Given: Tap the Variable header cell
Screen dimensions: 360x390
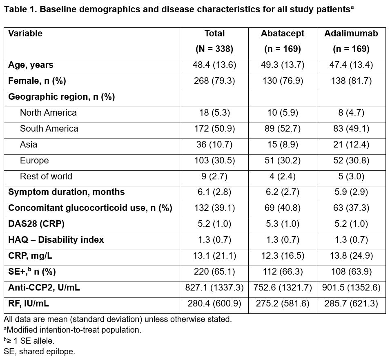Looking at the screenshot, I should (x=25, y=34).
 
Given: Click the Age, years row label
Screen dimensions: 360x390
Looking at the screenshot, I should (x=31, y=65).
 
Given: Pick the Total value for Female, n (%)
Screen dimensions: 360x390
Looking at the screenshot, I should (x=214, y=81).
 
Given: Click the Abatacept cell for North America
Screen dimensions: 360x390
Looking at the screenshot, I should (x=283, y=113).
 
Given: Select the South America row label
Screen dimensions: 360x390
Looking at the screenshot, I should (x=49, y=129).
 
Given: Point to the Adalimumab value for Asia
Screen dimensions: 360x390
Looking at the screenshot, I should (x=351, y=145).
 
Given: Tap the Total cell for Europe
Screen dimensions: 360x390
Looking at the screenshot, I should (x=214, y=161).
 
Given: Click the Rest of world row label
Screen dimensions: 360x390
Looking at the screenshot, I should (x=46, y=177).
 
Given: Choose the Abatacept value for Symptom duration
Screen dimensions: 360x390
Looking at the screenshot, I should (x=283, y=192).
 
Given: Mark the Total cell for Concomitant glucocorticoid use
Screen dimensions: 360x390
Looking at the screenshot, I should (x=214, y=208).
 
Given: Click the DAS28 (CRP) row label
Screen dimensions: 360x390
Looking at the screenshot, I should (x=36, y=224).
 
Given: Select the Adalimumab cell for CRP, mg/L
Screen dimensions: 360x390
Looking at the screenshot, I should (x=351, y=256).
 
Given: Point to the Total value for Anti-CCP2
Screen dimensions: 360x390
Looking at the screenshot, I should (x=214, y=288).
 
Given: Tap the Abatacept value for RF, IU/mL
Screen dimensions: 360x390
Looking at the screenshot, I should (x=283, y=304).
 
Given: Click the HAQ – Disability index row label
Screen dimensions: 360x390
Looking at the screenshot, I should (x=56, y=240).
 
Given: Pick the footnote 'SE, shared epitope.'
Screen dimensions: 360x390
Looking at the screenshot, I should (x=40, y=351).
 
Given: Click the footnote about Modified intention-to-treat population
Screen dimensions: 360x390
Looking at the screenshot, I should (x=73, y=330).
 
